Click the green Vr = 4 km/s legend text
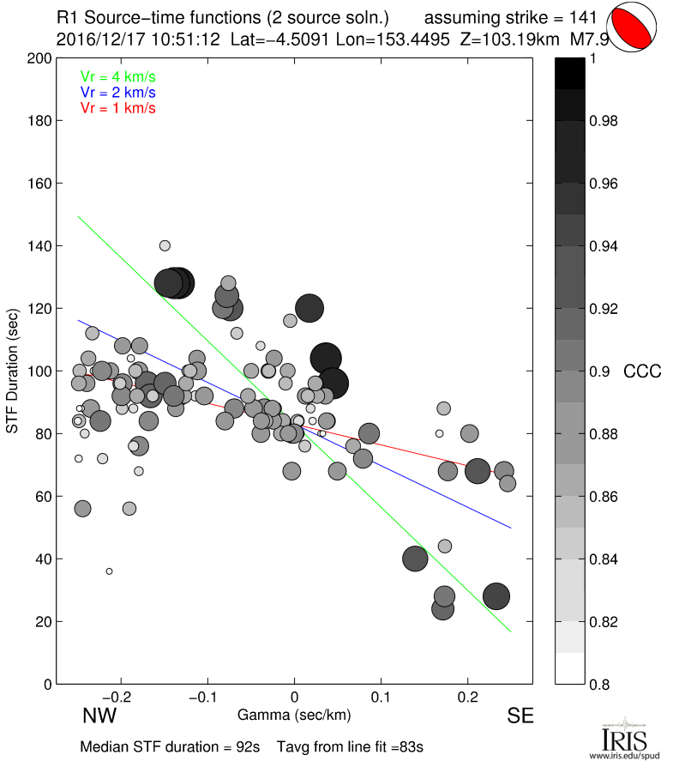click(x=117, y=76)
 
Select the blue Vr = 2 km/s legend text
click(x=117, y=92)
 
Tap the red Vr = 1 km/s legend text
click(x=117, y=107)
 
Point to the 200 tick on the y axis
click(x=39, y=58)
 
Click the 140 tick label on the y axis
click(x=39, y=246)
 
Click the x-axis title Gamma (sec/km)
click(x=294, y=715)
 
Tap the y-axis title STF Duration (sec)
click(x=13, y=371)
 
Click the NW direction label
click(x=99, y=716)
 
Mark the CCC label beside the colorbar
click(x=642, y=371)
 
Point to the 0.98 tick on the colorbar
click(x=604, y=121)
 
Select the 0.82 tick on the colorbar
click(x=604, y=621)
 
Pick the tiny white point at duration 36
click(x=109, y=571)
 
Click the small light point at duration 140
click(x=165, y=245)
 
